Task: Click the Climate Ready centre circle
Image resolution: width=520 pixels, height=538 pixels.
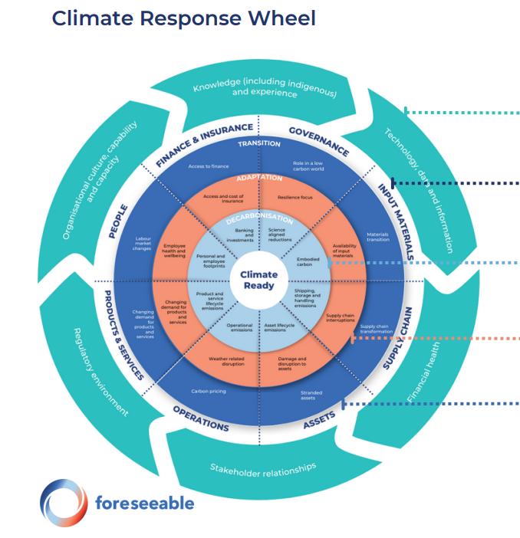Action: click(x=259, y=280)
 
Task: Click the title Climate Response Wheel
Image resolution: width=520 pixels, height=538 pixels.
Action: click(x=183, y=18)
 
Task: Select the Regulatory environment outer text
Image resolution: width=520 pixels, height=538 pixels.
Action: click(x=100, y=371)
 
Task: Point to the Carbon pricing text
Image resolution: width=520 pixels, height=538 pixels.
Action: click(x=207, y=391)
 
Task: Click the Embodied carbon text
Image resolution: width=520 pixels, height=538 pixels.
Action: click(x=308, y=261)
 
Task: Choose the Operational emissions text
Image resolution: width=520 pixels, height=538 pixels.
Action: click(x=239, y=327)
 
